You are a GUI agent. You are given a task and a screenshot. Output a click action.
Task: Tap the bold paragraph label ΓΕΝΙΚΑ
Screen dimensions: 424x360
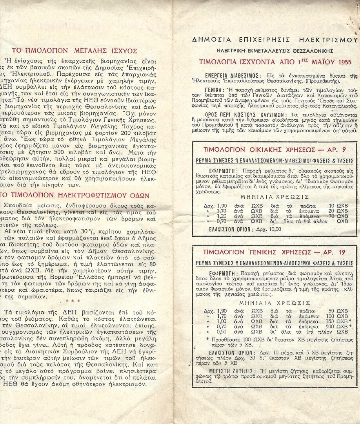214,90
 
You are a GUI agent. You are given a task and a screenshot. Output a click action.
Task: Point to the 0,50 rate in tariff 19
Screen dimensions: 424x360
221,332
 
